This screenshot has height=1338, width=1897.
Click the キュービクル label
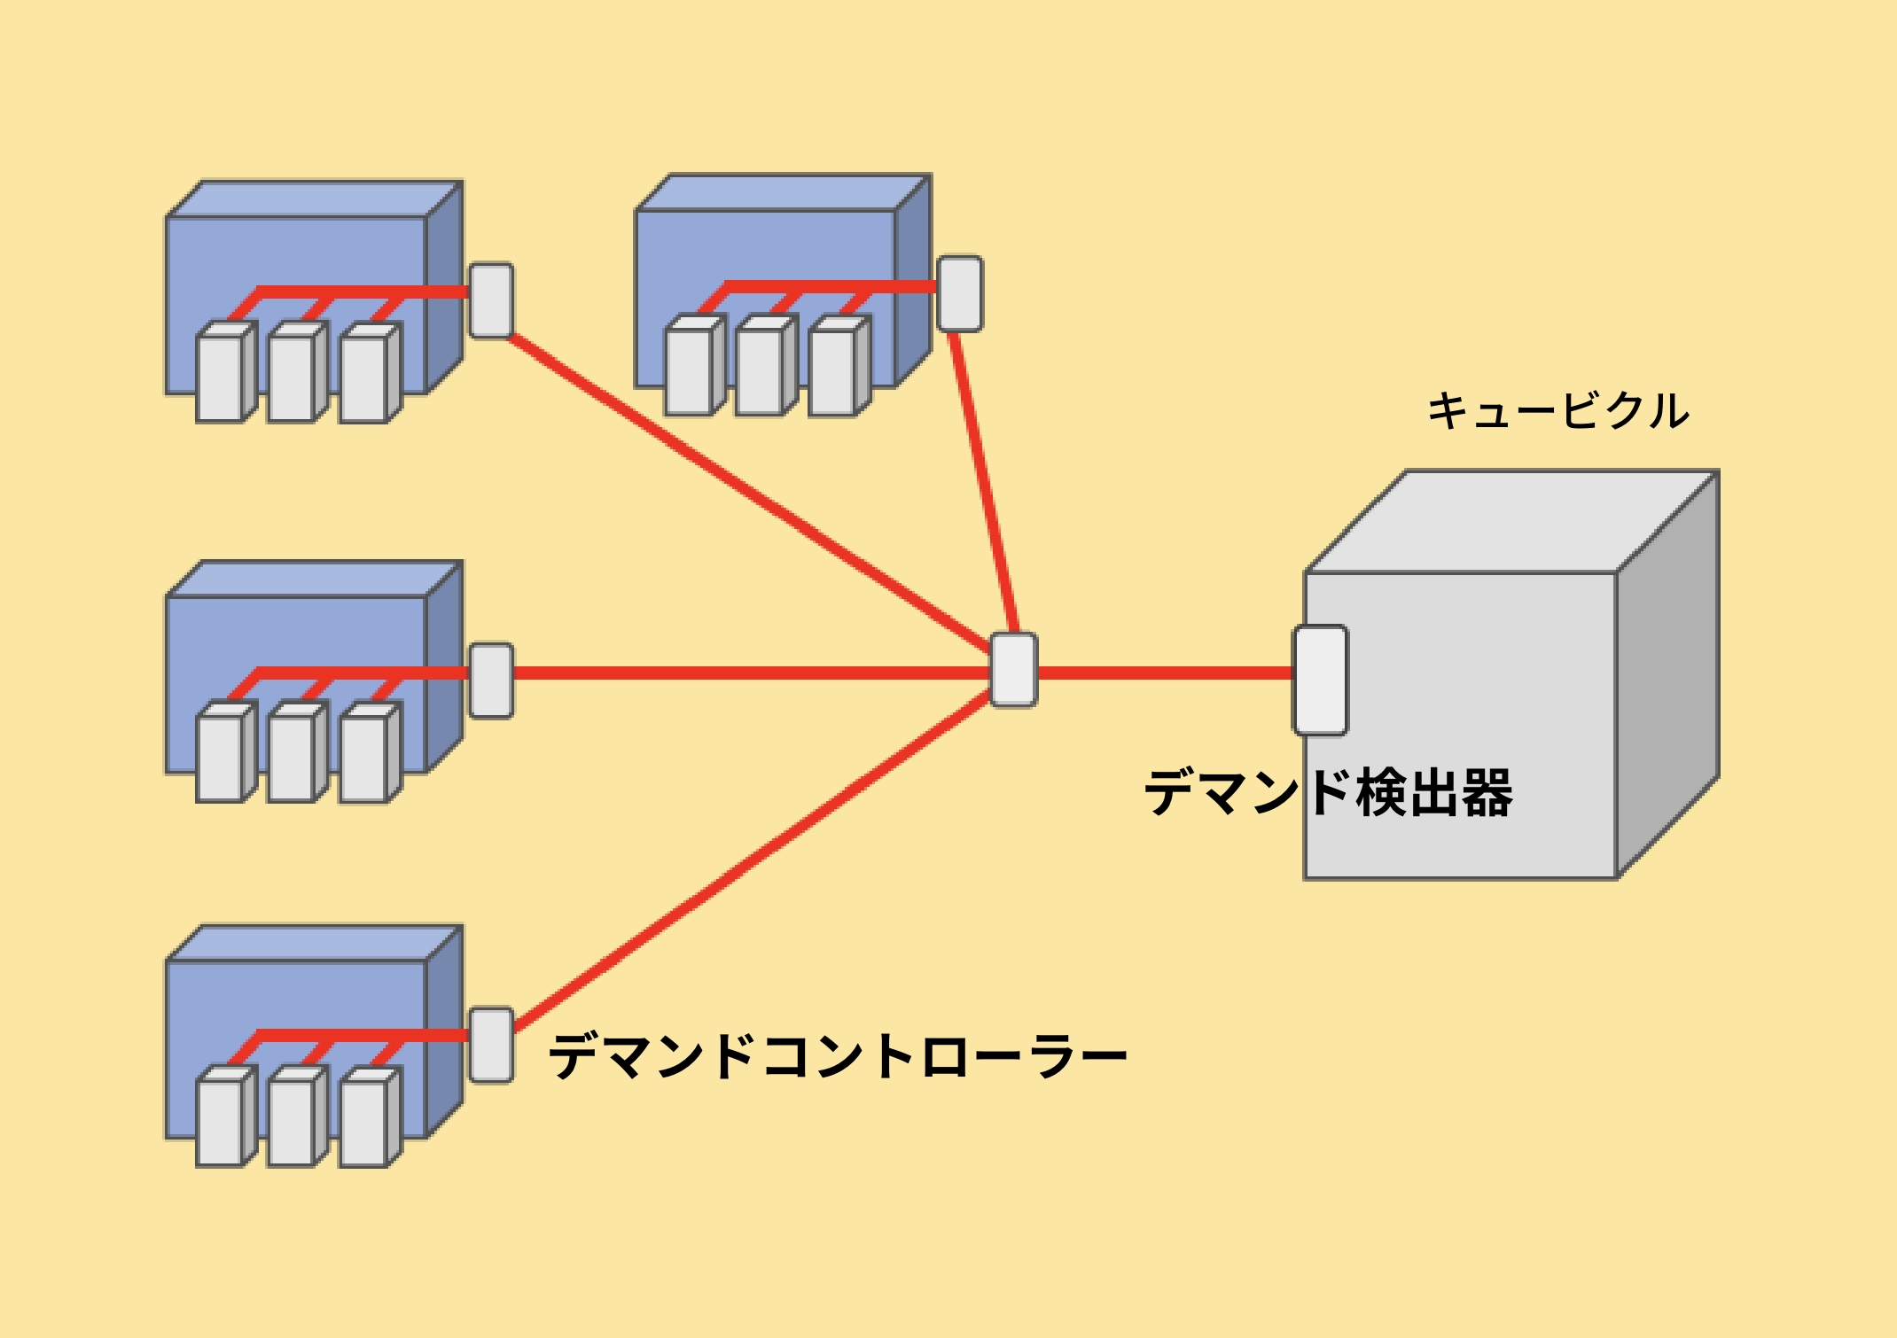pos(1557,411)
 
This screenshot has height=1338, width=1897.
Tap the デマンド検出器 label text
pos(1328,792)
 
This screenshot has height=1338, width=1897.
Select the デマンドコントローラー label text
pos(837,1056)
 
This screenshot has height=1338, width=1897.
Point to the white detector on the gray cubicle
pos(1321,681)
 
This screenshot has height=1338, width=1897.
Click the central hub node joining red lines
pos(1014,670)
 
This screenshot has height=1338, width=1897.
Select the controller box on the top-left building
pos(491,300)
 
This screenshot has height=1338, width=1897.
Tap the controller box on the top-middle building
pos(960,293)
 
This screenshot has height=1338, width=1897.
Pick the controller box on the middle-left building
pos(491,680)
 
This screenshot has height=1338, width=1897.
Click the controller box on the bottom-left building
pos(491,1045)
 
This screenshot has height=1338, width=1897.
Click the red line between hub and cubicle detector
pos(1165,673)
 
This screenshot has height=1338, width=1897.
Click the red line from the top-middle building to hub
pos(984,483)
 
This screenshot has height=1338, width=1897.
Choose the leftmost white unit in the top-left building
pos(220,377)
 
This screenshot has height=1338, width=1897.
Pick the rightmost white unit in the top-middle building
pos(832,371)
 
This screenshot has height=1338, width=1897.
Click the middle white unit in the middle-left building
pos(292,758)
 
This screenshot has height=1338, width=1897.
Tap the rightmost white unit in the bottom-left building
pos(363,1123)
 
